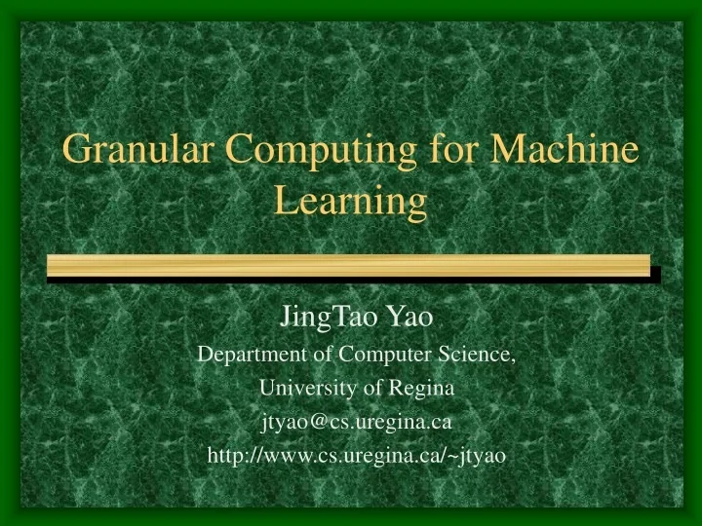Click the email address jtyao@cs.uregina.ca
pyautogui.click(x=356, y=422)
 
